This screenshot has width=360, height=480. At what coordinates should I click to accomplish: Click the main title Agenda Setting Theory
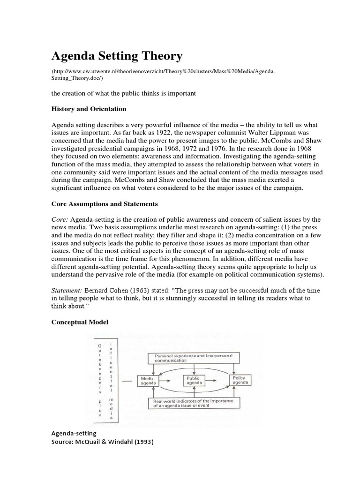[x=116, y=56]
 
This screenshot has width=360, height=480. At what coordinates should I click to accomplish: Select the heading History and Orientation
[x=89, y=109]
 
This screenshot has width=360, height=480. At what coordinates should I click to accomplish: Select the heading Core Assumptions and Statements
[x=105, y=204]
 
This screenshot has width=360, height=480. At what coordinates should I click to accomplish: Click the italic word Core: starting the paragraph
[x=60, y=219]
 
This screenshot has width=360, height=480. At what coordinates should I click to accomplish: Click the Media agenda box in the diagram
[x=147, y=380]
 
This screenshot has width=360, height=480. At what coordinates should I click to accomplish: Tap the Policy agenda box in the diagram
[x=240, y=380]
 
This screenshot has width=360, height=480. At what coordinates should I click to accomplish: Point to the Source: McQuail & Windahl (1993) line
[x=103, y=442]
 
